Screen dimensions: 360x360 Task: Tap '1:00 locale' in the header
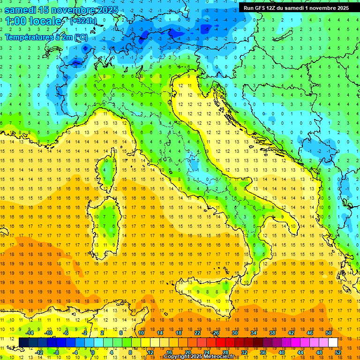[x=33, y=22]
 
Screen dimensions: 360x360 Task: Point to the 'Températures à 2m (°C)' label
[x=46, y=37]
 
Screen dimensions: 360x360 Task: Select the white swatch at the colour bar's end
[x=333, y=342]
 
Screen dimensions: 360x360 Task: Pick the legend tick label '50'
[x=328, y=333]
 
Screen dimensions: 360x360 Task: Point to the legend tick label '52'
[x=338, y=352]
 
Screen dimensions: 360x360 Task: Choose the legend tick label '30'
[x=234, y=333]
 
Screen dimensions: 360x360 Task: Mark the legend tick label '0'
[x=93, y=352]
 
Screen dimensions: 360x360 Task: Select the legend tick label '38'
[x=272, y=333]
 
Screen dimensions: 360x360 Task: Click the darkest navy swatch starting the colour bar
[x=23, y=342]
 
